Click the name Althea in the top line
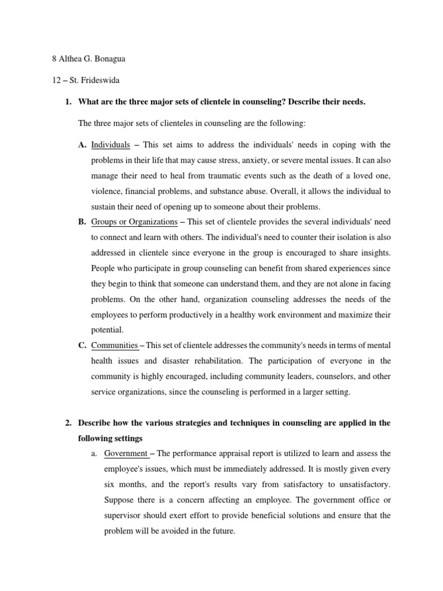tap(70, 59)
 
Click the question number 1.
tap(67, 102)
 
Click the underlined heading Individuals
tap(111, 145)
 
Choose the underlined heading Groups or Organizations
tap(134, 222)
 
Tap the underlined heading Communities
tap(115, 346)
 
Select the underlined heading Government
tap(126, 454)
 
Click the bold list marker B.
tap(82, 222)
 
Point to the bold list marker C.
tap(82, 346)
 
